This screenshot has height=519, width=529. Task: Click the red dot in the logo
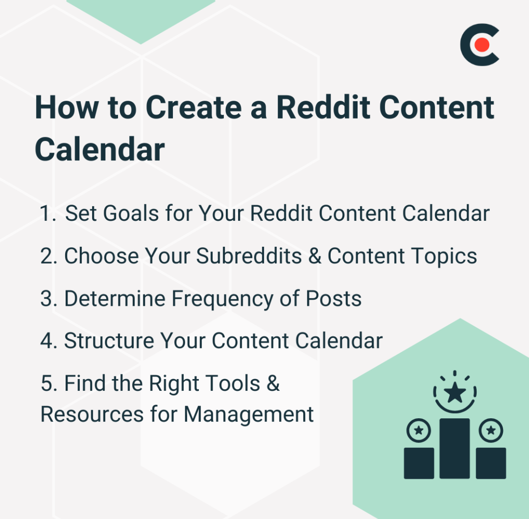pos(481,45)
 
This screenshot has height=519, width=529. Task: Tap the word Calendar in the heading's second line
pos(100,149)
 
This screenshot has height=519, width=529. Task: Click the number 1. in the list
pos(49,214)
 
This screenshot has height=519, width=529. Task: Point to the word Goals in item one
pos(131,214)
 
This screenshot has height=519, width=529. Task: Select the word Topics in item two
pos(445,256)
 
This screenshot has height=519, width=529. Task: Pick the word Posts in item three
pos(333,299)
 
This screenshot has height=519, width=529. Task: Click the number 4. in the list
pos(49,341)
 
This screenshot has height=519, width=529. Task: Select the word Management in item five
pos(249,414)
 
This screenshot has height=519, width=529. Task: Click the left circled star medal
pos(419,430)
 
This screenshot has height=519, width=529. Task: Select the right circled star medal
pos(491,430)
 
